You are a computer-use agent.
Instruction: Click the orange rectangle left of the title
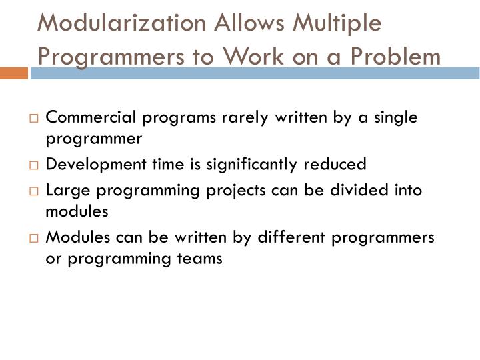point(14,72)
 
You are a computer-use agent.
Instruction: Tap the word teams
point(203,259)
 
